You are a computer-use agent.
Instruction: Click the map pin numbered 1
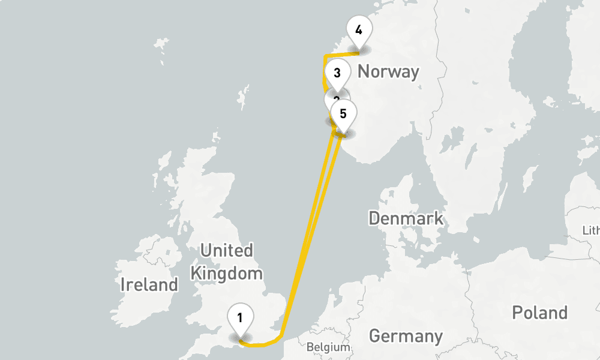(x=240, y=317)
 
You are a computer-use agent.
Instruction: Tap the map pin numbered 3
(x=337, y=74)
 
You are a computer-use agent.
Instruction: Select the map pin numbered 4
(x=359, y=30)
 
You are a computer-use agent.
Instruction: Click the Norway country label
(x=388, y=72)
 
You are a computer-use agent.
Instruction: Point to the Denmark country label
(x=406, y=218)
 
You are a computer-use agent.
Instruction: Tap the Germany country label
(x=406, y=336)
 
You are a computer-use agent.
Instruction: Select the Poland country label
(x=539, y=313)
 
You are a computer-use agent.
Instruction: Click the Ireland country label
(x=149, y=284)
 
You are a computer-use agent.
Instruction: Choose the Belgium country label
(x=328, y=347)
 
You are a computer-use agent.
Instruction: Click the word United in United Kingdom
(x=226, y=250)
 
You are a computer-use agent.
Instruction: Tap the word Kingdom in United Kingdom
(x=226, y=274)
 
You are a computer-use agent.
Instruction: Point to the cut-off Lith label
(x=591, y=230)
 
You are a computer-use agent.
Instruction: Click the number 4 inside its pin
(x=359, y=29)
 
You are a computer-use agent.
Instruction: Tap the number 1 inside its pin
(x=240, y=317)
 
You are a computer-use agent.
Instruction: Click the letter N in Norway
(x=364, y=72)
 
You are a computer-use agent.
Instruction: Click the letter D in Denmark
(x=374, y=218)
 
